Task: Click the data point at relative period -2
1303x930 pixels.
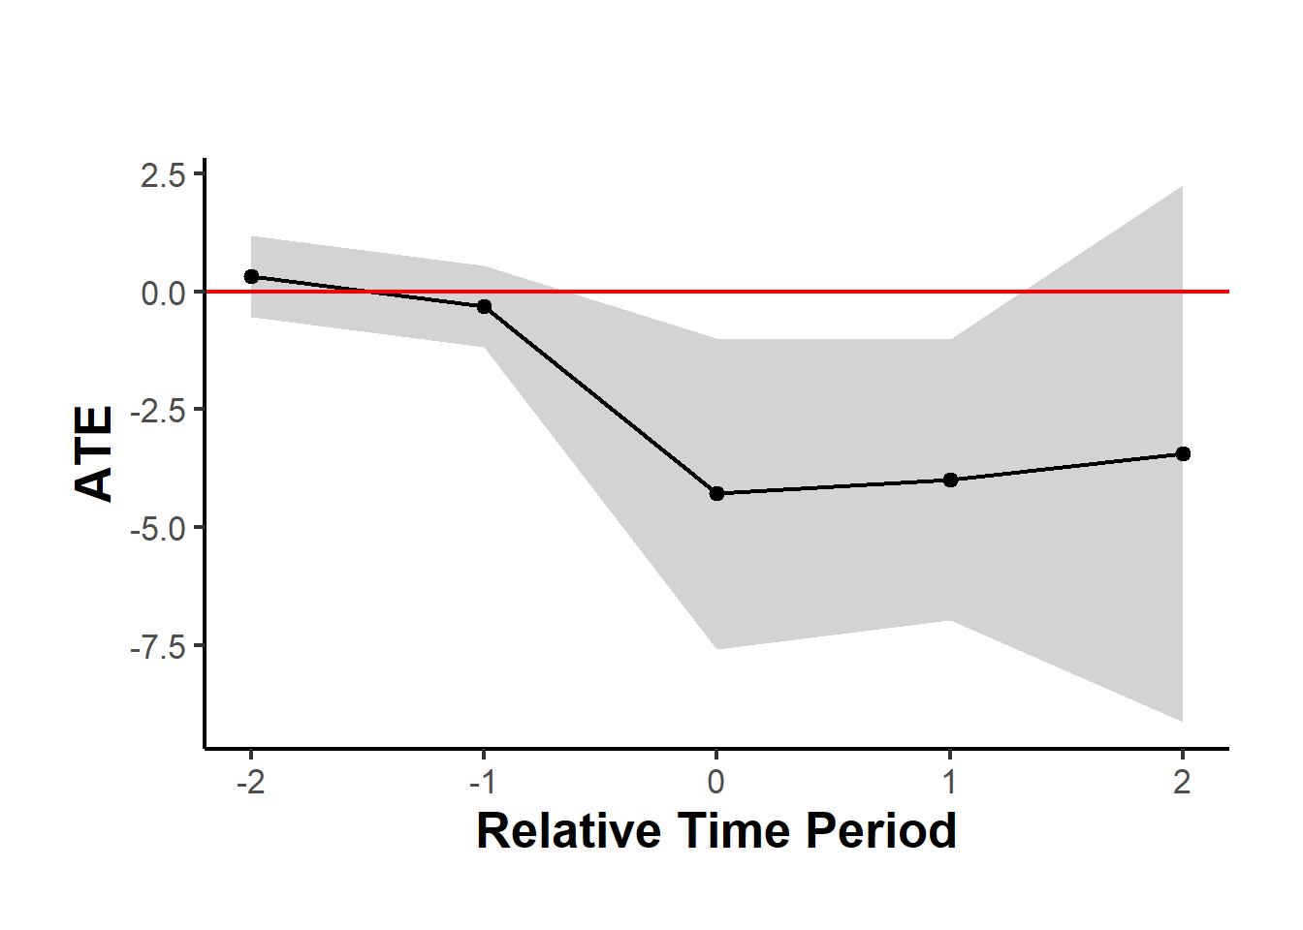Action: tap(251, 276)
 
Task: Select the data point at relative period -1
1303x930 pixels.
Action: tap(484, 306)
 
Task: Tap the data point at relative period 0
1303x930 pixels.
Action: tap(716, 493)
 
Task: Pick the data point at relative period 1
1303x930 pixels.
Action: tap(950, 480)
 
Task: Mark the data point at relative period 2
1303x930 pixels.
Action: tap(1183, 453)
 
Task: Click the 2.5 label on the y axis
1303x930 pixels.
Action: tap(163, 175)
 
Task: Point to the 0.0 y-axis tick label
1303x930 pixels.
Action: tap(163, 293)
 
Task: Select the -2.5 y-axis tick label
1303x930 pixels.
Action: tap(158, 411)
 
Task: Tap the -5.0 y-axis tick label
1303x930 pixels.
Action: tap(158, 529)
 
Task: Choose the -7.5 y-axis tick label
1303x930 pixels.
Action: tap(158, 647)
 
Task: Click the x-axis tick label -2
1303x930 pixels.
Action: tap(250, 781)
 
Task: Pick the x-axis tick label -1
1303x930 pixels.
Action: tap(483, 781)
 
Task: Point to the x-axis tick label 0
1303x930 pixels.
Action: tap(716, 781)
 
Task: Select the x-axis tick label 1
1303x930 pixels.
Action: tap(950, 781)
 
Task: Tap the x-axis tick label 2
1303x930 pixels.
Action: tap(1182, 781)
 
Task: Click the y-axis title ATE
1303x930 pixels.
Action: tap(95, 452)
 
